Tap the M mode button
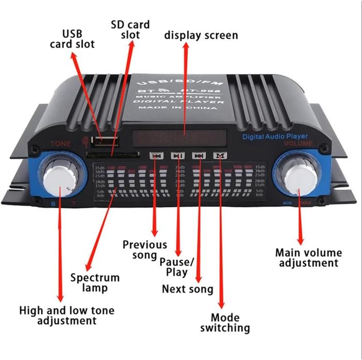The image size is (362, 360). click(x=221, y=155)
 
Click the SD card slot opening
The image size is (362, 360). click(x=111, y=154)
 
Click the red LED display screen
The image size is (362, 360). click(x=178, y=139)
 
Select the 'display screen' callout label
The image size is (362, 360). click(x=201, y=35)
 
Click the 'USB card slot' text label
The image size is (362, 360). click(x=72, y=39)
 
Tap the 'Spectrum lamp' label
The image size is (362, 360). click(x=95, y=282)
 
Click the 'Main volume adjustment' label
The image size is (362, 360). click(x=308, y=258)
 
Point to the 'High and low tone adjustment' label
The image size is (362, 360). click(x=67, y=316)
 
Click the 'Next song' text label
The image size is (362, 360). click(x=187, y=289)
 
